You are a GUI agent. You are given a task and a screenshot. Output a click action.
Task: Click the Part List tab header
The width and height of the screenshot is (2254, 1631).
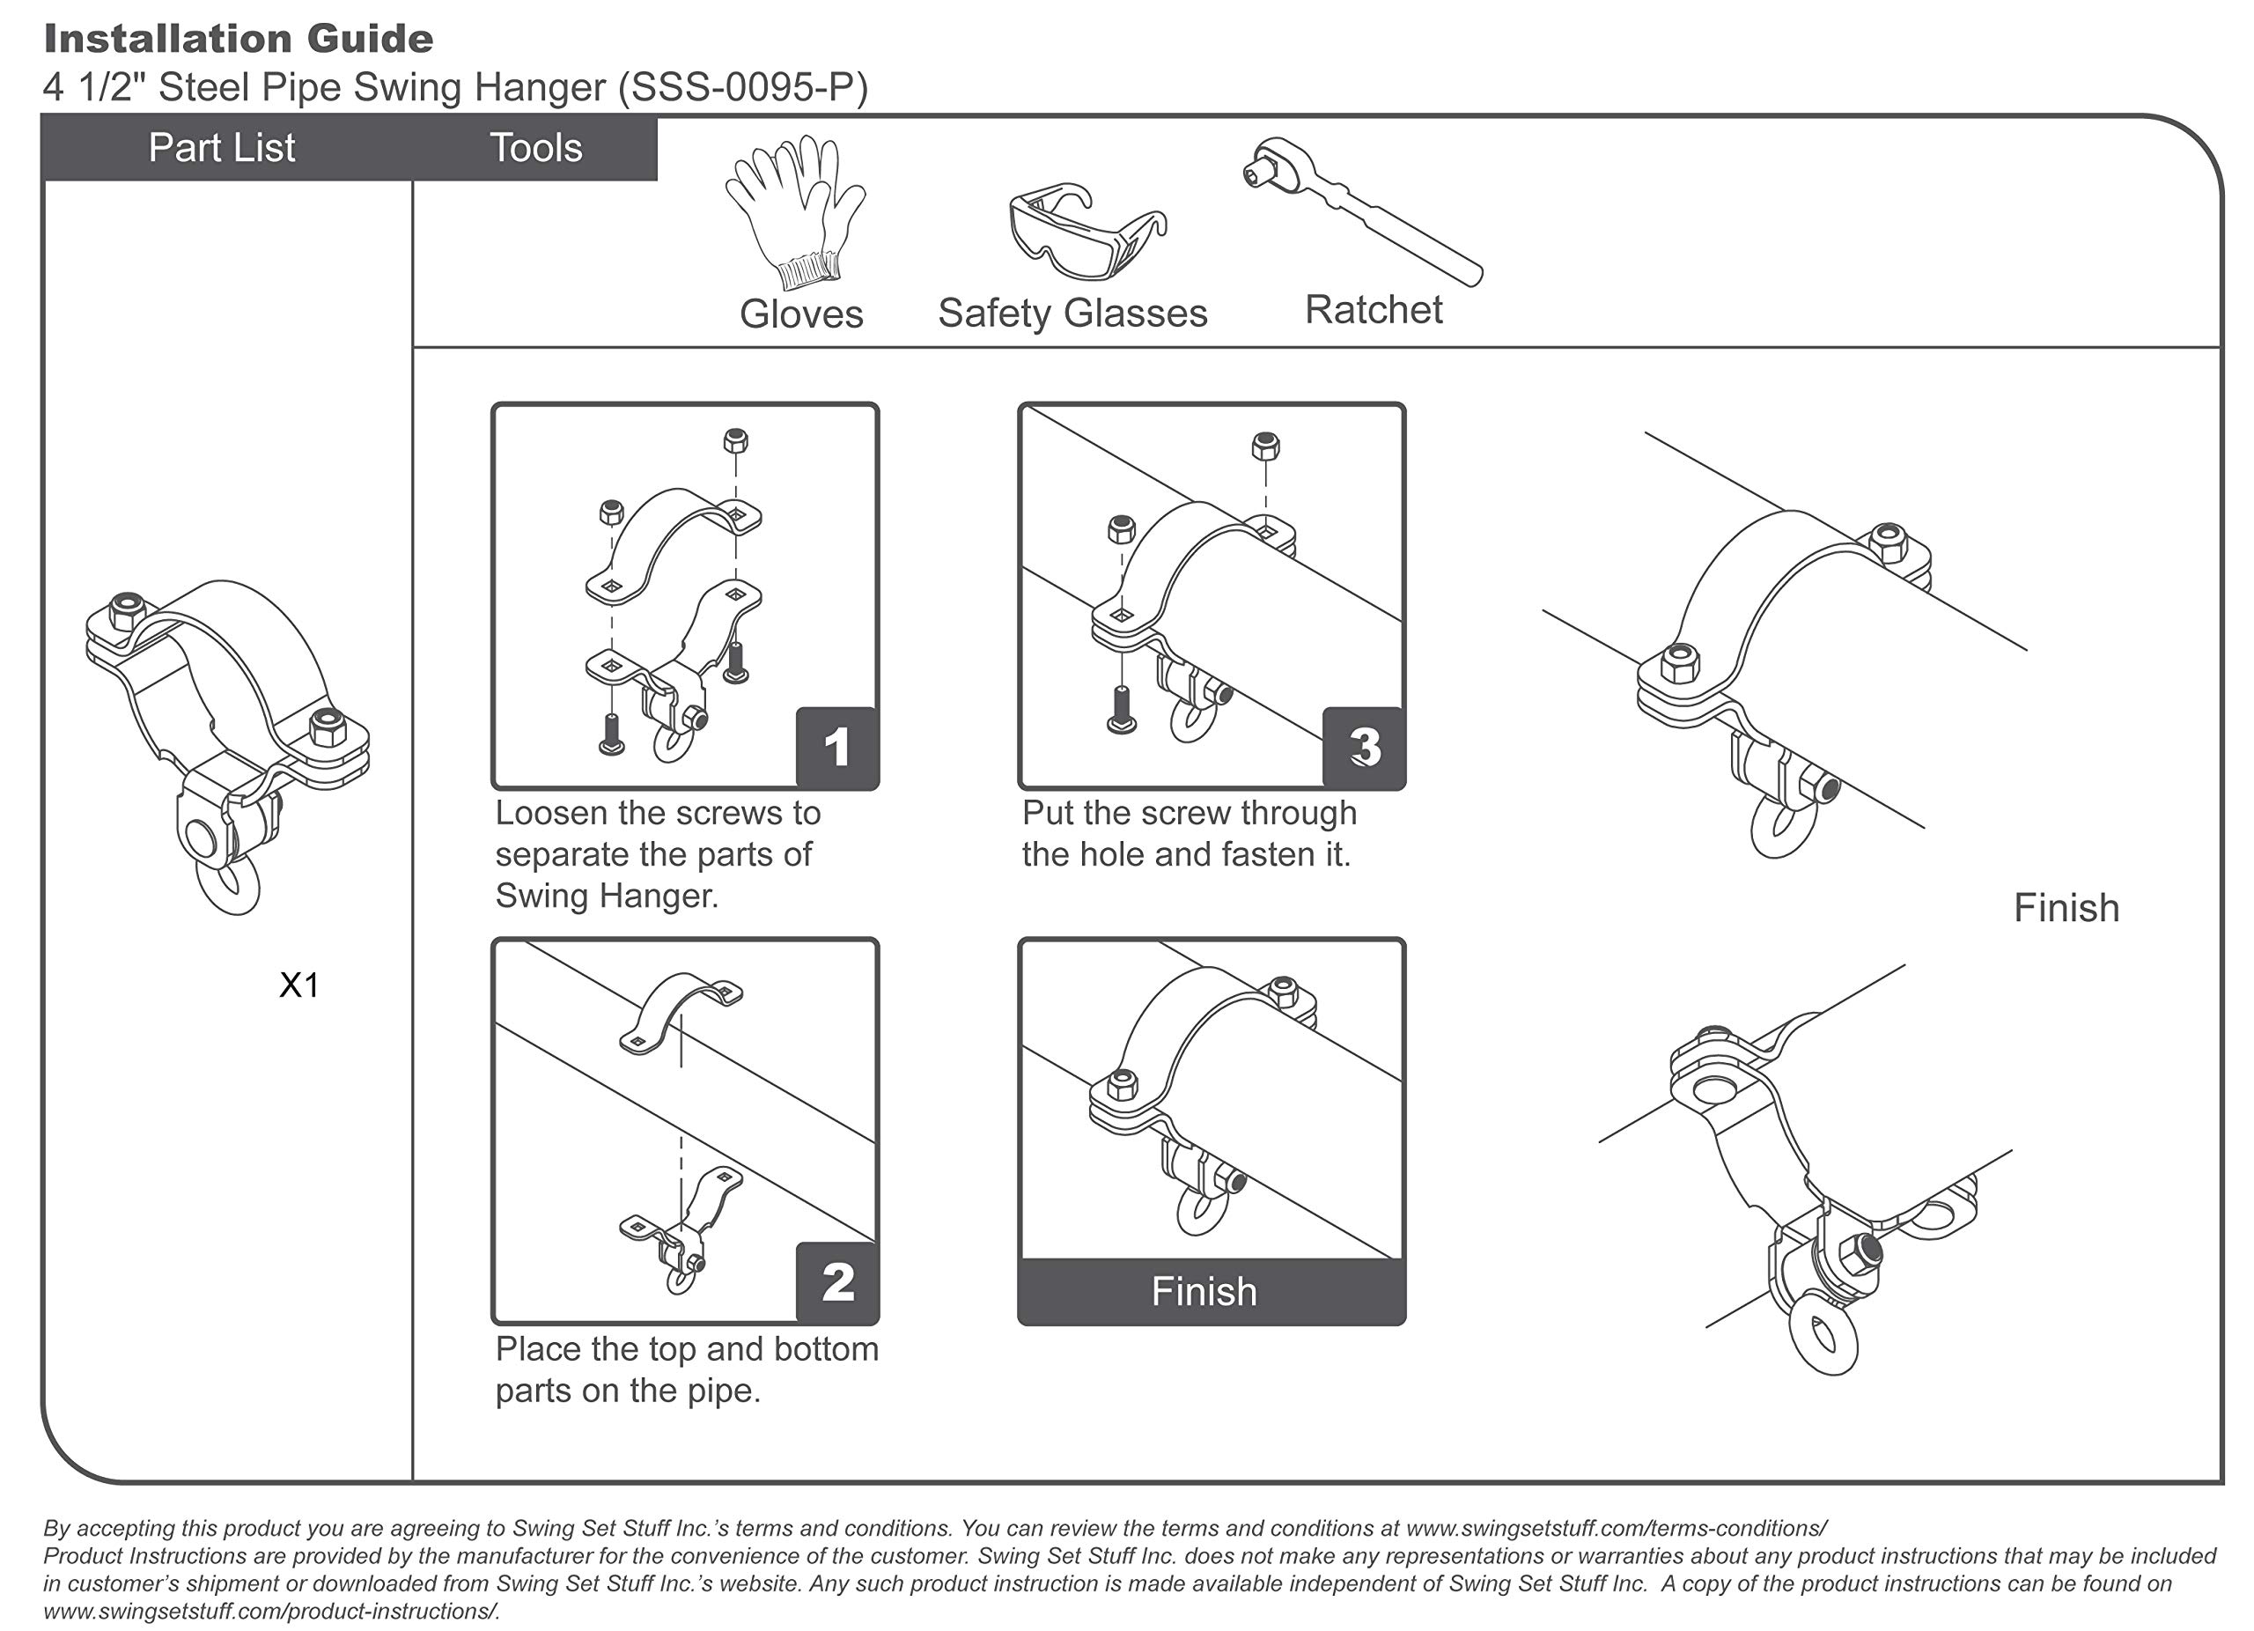coord(222,148)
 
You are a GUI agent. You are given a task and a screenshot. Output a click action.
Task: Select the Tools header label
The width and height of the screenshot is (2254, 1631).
coord(535,148)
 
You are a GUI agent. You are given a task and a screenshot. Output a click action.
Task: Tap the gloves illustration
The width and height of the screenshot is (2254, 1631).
coord(795,211)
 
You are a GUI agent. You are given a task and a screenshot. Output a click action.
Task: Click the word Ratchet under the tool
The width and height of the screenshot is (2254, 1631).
coord(1373,310)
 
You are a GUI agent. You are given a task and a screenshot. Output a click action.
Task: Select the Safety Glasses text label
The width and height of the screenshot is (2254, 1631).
coord(1072,314)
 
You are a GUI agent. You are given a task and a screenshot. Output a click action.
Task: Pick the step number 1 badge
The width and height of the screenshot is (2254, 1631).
coord(836,748)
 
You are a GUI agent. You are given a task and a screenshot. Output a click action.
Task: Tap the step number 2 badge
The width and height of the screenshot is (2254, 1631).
coord(836,1282)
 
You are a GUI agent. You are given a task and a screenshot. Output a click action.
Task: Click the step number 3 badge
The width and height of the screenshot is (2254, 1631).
coord(1364,748)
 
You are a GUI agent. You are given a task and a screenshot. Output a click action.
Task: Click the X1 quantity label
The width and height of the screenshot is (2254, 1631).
coord(299,985)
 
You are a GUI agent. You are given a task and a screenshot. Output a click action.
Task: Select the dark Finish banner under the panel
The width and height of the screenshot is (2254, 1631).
coord(1211,1291)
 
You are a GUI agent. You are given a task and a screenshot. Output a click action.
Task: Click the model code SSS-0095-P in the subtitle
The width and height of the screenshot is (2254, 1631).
coord(743,87)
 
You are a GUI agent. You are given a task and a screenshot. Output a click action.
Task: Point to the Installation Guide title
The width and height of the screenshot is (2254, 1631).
coord(239,39)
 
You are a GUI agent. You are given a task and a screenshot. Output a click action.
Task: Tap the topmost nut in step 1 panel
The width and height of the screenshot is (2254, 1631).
coord(735,439)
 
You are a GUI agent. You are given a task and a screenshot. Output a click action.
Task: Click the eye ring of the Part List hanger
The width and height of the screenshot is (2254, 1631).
coord(231,887)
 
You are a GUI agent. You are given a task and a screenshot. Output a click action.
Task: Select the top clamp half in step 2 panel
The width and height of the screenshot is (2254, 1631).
coord(681,1010)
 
